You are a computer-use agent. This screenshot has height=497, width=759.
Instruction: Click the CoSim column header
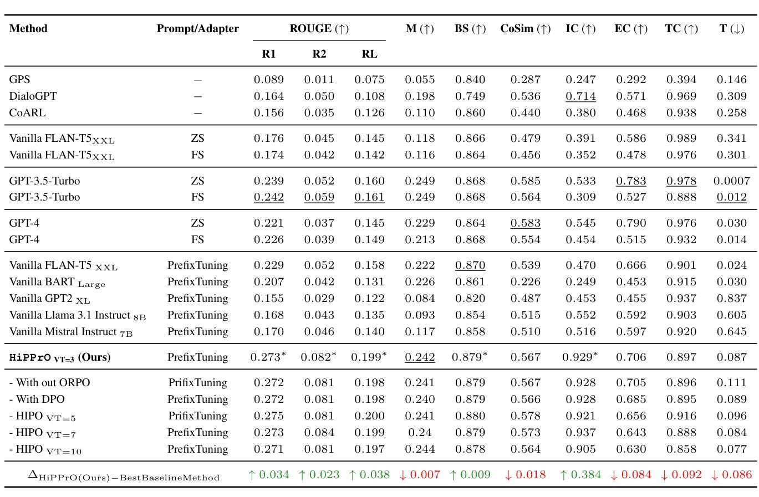pos(525,29)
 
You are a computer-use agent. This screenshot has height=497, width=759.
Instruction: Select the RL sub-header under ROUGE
pos(369,54)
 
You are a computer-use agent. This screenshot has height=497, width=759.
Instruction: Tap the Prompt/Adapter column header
pos(197,29)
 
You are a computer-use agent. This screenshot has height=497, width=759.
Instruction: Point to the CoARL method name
pos(27,112)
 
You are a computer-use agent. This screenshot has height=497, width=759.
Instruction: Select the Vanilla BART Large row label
pos(57,282)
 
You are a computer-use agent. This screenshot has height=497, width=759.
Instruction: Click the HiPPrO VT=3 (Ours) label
pos(60,357)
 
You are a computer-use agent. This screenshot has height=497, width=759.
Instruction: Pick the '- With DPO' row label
pos(37,399)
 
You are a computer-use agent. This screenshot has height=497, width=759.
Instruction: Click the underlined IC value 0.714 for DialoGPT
pos(580,96)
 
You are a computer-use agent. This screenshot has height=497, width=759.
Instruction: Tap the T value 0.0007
pos(731,181)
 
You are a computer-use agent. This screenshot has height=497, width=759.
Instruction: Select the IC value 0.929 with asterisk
pos(580,357)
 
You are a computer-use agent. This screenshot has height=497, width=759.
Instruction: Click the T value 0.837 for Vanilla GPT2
pos(731,298)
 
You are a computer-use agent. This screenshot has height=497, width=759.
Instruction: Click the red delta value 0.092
pos(681,475)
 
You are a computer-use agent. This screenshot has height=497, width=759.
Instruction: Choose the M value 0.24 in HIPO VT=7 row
pos(420,432)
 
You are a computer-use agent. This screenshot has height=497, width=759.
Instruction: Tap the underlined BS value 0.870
pos(470,265)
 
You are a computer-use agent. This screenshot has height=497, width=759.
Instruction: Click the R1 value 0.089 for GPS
pos(269,80)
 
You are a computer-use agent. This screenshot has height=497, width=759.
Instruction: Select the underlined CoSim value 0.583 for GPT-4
pos(525,223)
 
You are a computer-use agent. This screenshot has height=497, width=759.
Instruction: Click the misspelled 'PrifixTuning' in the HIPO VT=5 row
pos(197,416)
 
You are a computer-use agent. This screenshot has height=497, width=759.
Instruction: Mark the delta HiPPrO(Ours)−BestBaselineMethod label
pos(124,476)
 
